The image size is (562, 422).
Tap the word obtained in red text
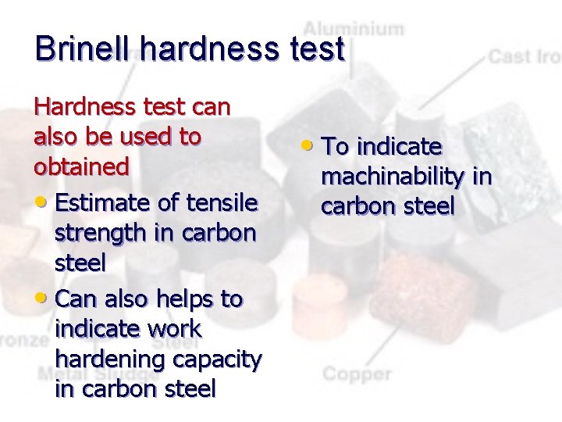pos(81,166)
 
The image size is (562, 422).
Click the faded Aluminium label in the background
pos(354,29)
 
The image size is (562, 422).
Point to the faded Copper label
pos(357,374)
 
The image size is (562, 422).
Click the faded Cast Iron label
pos(524,56)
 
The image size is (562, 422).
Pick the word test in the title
pos(315,48)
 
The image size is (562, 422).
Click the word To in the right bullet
pos(336,146)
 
